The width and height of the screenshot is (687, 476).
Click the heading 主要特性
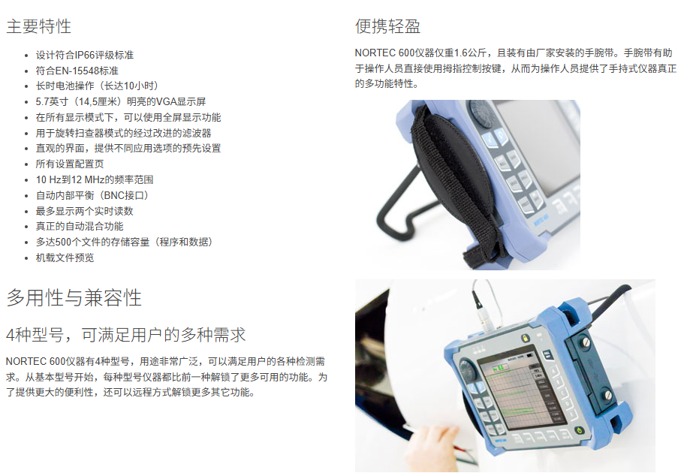click(x=38, y=26)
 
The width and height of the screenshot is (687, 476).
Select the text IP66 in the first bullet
click(x=85, y=56)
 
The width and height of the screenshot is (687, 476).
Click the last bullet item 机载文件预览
click(x=65, y=258)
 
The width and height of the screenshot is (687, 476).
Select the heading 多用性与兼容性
click(x=74, y=297)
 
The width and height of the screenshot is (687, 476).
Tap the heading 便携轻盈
click(x=387, y=26)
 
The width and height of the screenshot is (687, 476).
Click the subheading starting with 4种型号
click(x=125, y=335)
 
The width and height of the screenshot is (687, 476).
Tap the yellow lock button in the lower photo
click(x=524, y=338)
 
